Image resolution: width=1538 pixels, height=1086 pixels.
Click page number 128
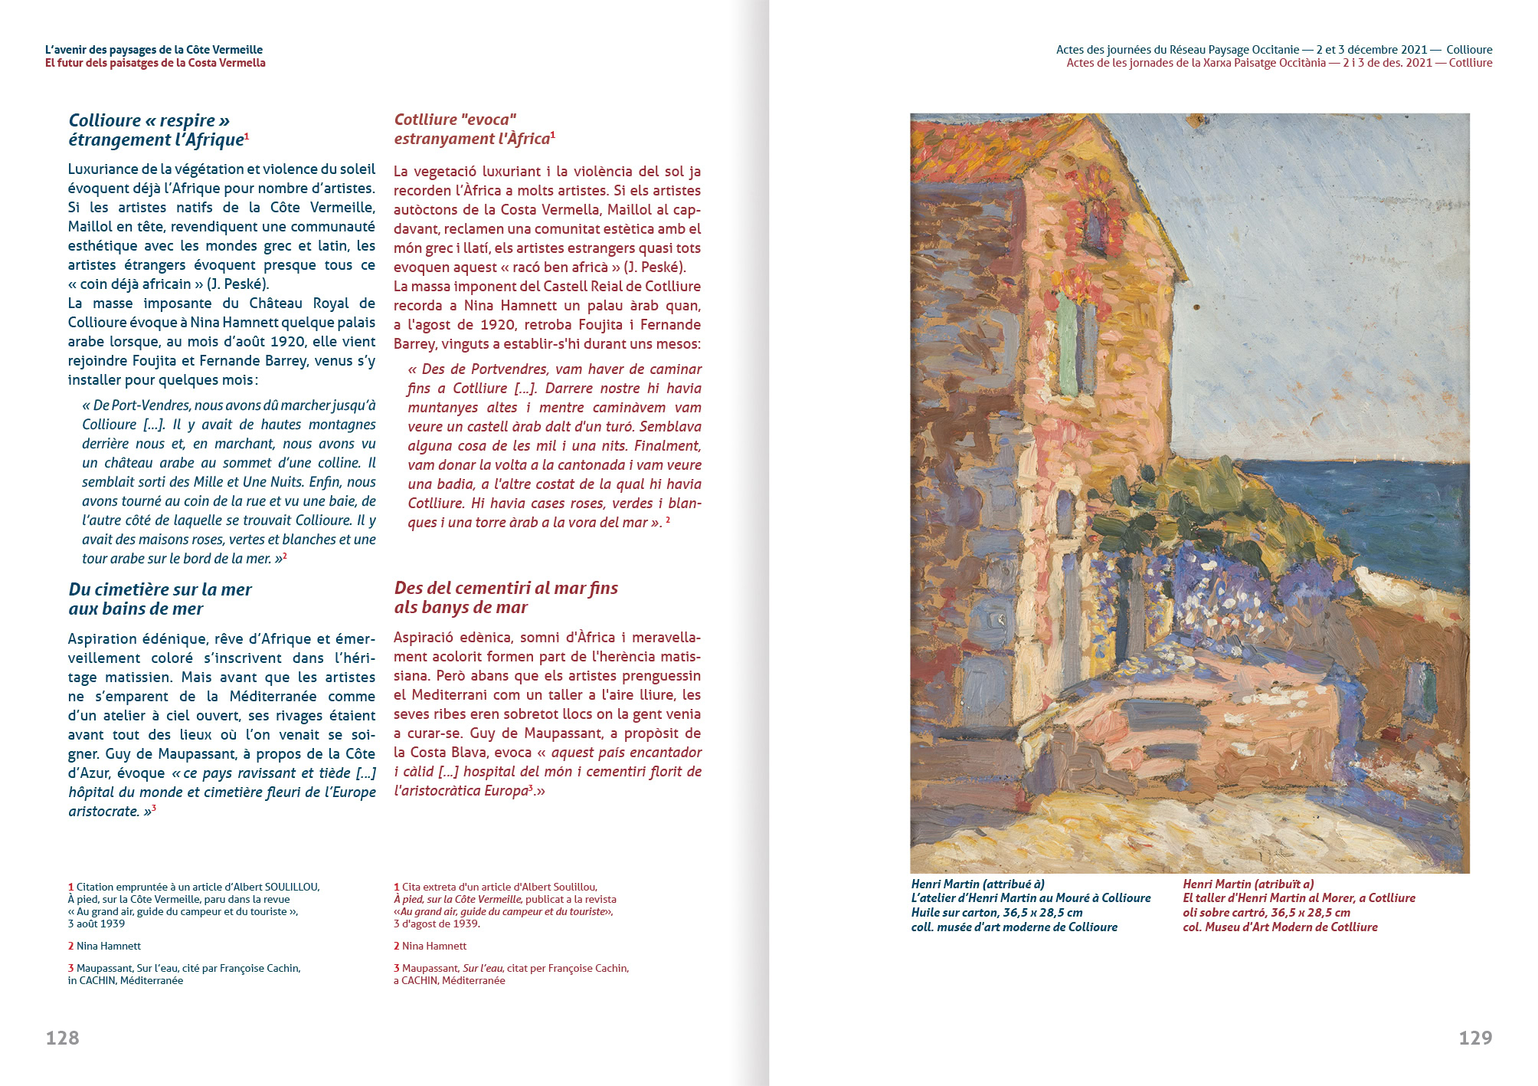(62, 1038)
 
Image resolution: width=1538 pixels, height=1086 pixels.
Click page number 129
(1475, 1038)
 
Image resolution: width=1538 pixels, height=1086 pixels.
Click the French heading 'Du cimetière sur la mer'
(160, 589)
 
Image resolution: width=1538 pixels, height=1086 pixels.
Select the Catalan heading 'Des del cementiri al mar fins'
(506, 588)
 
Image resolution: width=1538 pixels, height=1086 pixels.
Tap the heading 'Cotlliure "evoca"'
(455, 120)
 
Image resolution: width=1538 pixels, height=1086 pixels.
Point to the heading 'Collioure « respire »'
(149, 120)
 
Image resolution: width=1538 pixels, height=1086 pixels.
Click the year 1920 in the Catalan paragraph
(497, 324)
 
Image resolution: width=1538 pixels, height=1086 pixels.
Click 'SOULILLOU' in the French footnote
(291, 887)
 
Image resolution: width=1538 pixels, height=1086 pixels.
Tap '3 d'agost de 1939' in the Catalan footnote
(437, 924)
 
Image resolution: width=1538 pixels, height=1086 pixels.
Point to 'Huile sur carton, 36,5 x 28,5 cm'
(996, 912)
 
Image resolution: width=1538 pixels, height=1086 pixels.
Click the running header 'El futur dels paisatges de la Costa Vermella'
(155, 63)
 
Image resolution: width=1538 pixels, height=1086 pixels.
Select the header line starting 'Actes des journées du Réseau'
(1274, 50)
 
